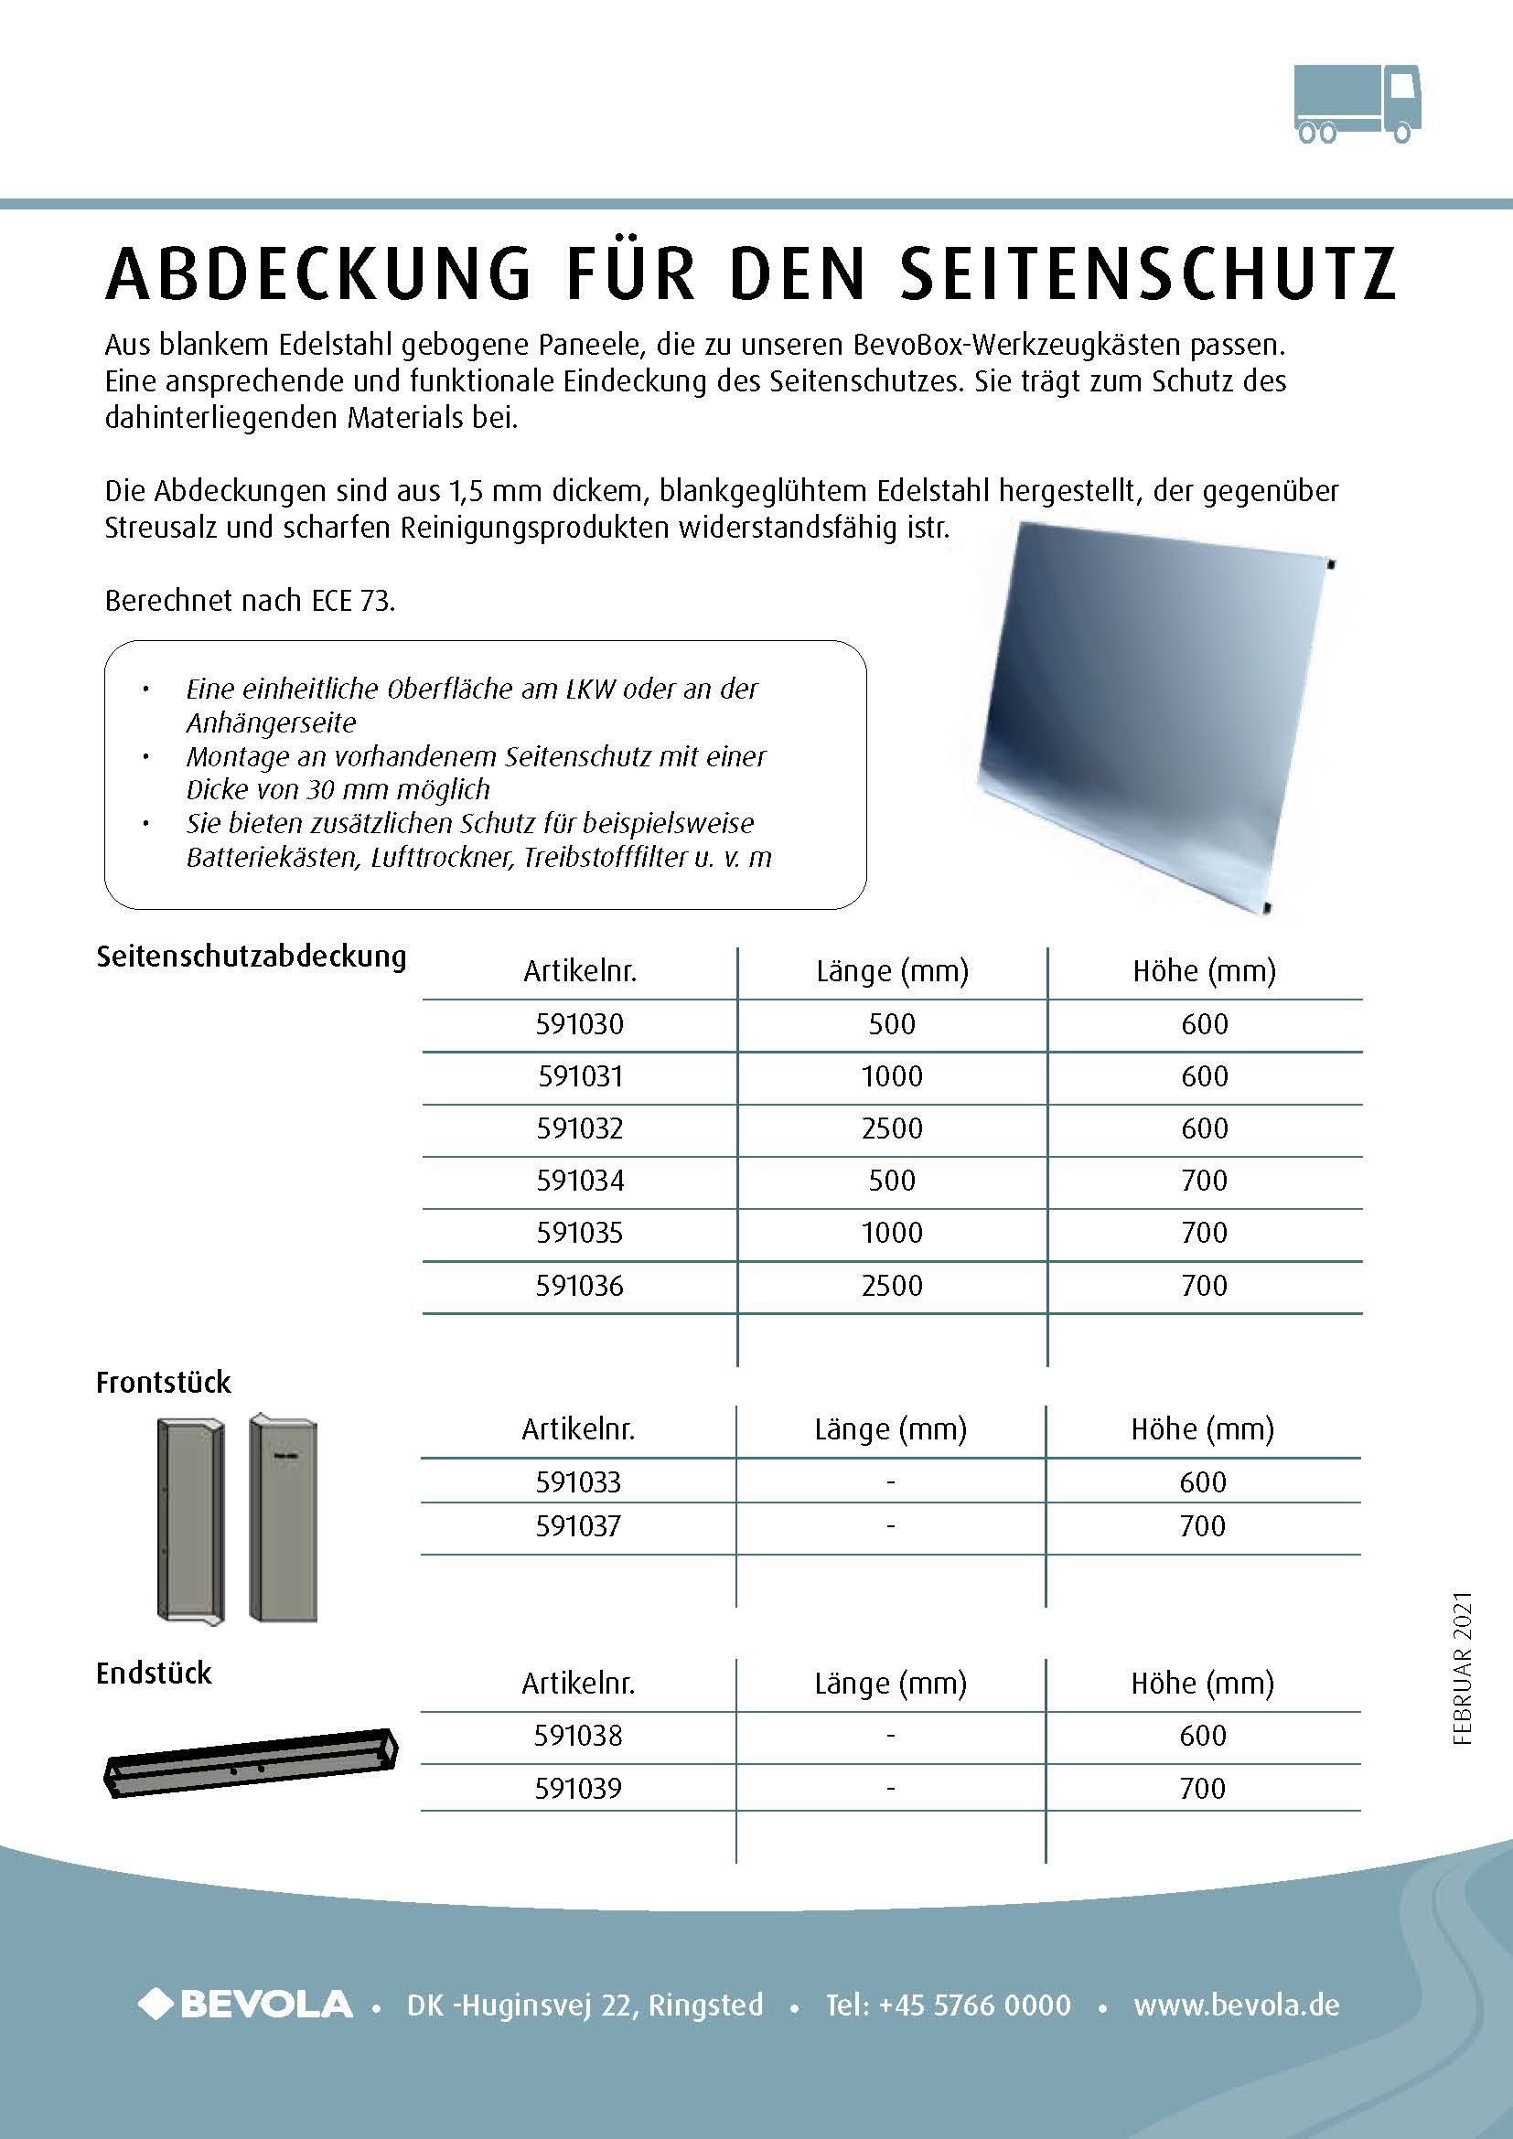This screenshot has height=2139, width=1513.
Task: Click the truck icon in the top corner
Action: [x=1357, y=103]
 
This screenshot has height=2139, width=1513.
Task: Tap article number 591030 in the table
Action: [x=579, y=1024]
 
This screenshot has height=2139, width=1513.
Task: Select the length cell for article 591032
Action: [x=892, y=1128]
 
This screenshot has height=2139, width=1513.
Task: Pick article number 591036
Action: [x=579, y=1286]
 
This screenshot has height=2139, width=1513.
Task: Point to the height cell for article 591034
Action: [x=1204, y=1181]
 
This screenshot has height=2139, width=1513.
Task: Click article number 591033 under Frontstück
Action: [x=577, y=1482]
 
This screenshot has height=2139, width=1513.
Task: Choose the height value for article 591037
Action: [x=1202, y=1526]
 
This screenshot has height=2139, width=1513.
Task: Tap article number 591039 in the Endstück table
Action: [x=577, y=1788]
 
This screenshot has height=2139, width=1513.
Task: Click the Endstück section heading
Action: [x=154, y=1674]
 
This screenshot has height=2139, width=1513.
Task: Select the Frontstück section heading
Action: [x=163, y=1383]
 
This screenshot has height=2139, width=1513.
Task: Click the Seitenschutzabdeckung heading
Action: [x=252, y=957]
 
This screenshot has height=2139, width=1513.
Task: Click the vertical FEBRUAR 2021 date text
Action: [x=1462, y=1668]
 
